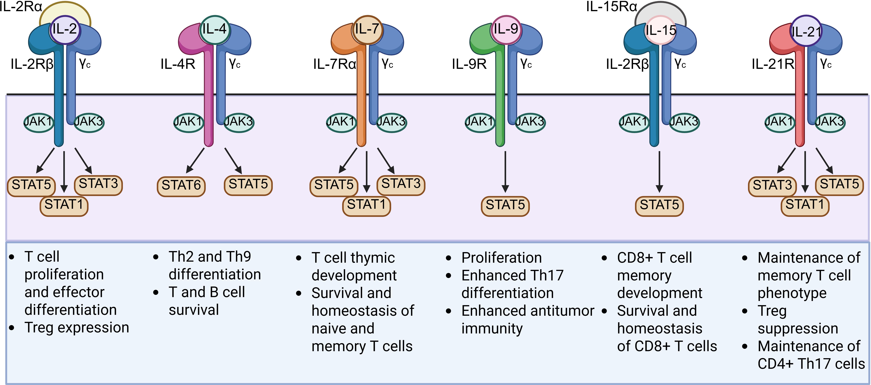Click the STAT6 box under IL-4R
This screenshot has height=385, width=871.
pyautogui.click(x=181, y=185)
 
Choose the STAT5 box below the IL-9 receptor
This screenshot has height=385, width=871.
pyautogui.click(x=505, y=205)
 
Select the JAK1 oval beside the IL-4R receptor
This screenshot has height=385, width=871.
pyautogui.click(x=188, y=122)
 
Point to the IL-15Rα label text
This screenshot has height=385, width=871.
pyautogui.click(x=611, y=7)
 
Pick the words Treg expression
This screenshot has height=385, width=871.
pyautogui.click(x=77, y=327)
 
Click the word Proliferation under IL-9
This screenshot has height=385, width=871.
pyautogui.click(x=501, y=258)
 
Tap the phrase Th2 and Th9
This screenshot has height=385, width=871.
pyautogui.click(x=210, y=257)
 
